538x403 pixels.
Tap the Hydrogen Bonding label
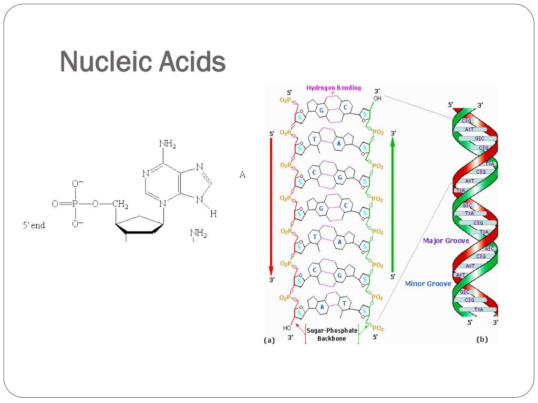tap(334, 88)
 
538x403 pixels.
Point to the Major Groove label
tap(446, 241)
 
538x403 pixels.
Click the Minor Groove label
tap(428, 283)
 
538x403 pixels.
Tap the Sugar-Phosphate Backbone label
tap(332, 334)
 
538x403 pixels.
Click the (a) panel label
tap(269, 340)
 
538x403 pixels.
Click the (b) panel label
tap(482, 339)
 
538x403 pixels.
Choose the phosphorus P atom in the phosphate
tap(74, 204)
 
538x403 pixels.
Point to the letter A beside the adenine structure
tap(242, 175)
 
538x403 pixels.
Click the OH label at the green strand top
tap(377, 98)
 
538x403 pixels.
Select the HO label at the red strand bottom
tap(287, 328)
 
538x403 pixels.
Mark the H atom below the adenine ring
tap(213, 214)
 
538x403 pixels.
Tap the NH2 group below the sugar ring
tap(198, 234)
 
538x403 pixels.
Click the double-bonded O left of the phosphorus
tap(55, 204)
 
